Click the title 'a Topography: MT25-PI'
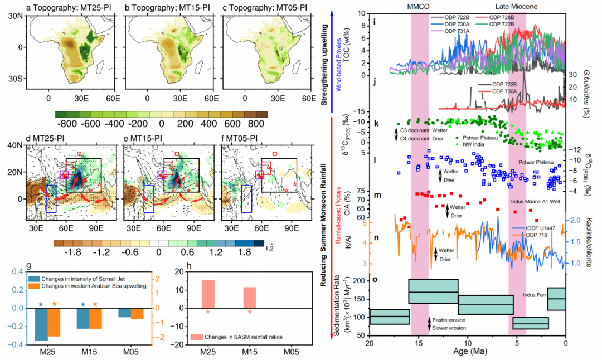click(66, 8)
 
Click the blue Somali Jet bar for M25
click(41, 324)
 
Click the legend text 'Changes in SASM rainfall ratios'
click(249, 337)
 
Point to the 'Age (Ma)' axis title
click(466, 353)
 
